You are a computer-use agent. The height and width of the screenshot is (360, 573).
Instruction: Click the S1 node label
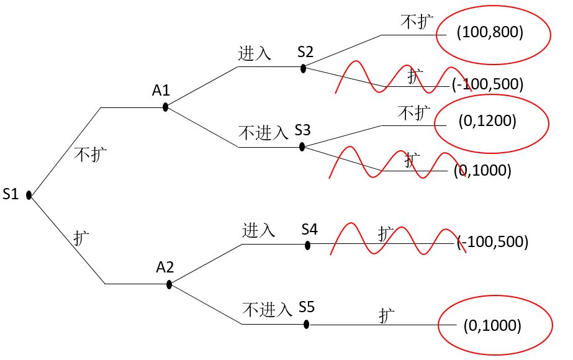coord(11,194)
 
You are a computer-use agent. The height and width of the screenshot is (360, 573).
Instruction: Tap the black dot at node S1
coord(29,196)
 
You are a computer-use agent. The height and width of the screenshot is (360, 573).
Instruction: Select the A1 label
coord(161,91)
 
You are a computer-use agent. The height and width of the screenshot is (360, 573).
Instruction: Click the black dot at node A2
coord(169,284)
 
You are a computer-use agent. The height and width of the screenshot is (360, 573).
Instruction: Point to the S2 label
coord(305,52)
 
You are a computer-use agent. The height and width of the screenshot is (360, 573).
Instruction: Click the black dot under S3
coord(302,147)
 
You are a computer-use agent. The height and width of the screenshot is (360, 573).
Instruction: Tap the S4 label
coord(310,230)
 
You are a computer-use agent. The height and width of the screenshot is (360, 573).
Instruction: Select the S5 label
coord(307,307)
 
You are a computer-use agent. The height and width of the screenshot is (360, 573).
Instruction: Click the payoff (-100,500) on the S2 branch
coord(488,83)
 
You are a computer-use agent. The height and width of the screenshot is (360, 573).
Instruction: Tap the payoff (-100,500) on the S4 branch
coord(493,241)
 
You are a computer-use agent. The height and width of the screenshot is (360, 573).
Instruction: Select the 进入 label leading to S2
coord(255,53)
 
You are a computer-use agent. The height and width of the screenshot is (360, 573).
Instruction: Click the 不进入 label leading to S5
coord(267,309)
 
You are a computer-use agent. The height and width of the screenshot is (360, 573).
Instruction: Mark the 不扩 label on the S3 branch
coord(414,113)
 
